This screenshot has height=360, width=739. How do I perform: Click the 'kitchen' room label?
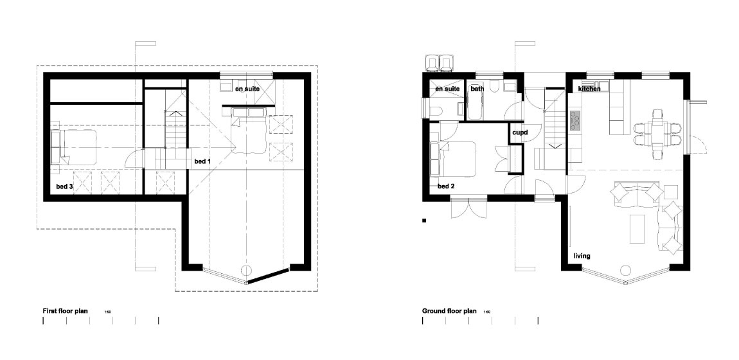coord(589,89)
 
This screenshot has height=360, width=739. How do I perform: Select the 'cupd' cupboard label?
coord(519,133)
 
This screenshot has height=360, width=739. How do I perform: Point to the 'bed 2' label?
coord(446,186)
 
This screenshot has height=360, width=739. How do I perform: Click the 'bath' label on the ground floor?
coord(477,89)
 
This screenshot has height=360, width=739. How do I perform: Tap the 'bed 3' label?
coord(64,186)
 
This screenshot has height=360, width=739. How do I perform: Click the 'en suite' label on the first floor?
coord(247,89)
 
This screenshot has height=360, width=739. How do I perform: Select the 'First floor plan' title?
coord(65,310)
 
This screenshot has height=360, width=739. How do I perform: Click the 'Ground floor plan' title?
coord(449,310)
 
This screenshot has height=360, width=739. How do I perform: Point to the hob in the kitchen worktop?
coord(576,120)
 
